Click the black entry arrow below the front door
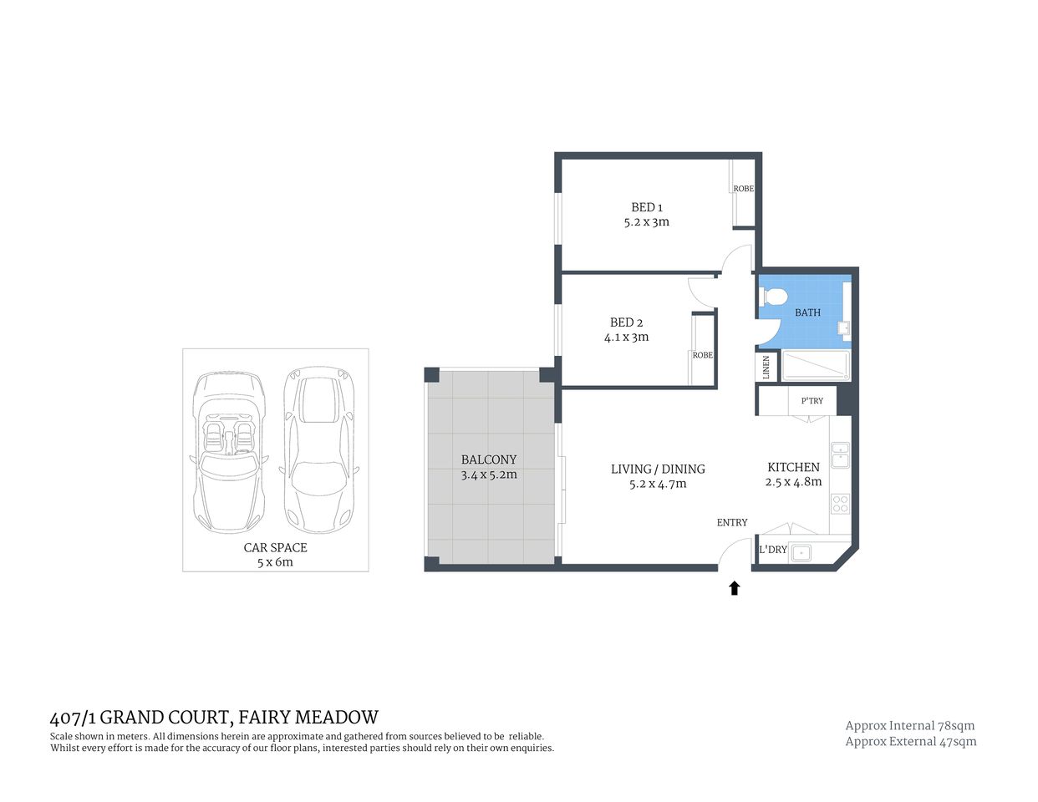734,588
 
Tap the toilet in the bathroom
773,297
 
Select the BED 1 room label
646,207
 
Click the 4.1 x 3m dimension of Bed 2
626,338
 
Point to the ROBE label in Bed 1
743,189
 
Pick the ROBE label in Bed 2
702,355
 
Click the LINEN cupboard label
766,367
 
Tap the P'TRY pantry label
812,401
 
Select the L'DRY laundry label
772,550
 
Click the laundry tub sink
801,551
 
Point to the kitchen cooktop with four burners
839,504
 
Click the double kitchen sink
839,455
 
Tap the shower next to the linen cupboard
815,366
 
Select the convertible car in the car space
228,451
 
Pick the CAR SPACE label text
275,548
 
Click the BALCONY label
489,459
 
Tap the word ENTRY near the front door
731,522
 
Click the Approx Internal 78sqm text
909,725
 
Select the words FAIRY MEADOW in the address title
308,717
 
